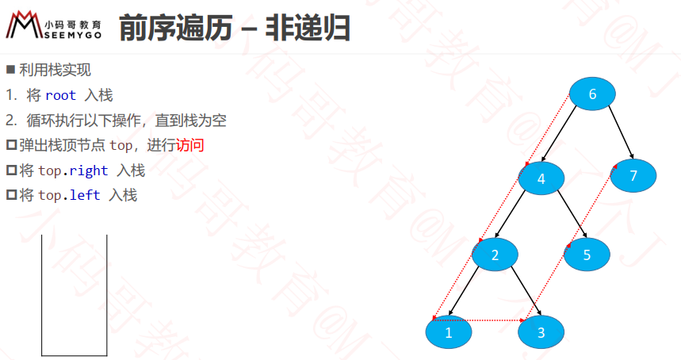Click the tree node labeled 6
coord(592,94)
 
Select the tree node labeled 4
coord(541,178)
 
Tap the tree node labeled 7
coord(633,175)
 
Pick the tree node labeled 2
coord(495,255)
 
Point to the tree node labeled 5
coord(587,255)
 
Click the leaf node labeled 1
coord(449,332)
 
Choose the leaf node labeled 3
coord(541,332)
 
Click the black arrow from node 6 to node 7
coord(621,132)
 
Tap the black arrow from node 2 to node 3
coord(526,290)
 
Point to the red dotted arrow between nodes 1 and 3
coord(479,320)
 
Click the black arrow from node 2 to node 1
coord(464,290)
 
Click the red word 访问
coord(189,145)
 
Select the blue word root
coord(60,95)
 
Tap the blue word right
coord(89,170)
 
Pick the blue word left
coord(85,195)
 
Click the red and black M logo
coord(24,25)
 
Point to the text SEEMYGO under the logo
coord(73,35)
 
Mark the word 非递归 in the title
coord(308,28)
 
